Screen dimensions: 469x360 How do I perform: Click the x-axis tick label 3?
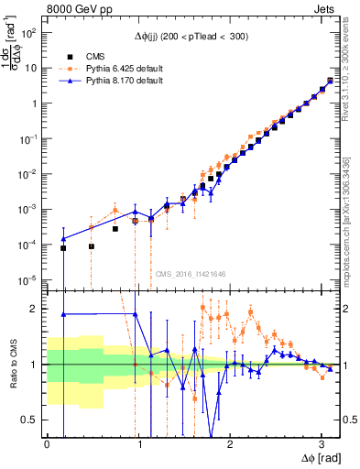point(321,443)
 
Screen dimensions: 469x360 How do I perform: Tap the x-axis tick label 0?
point(47,443)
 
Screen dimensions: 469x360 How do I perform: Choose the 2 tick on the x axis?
point(229,443)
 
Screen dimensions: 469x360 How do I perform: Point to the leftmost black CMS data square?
point(63,248)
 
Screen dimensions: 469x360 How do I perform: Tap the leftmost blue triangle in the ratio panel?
point(63,314)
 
